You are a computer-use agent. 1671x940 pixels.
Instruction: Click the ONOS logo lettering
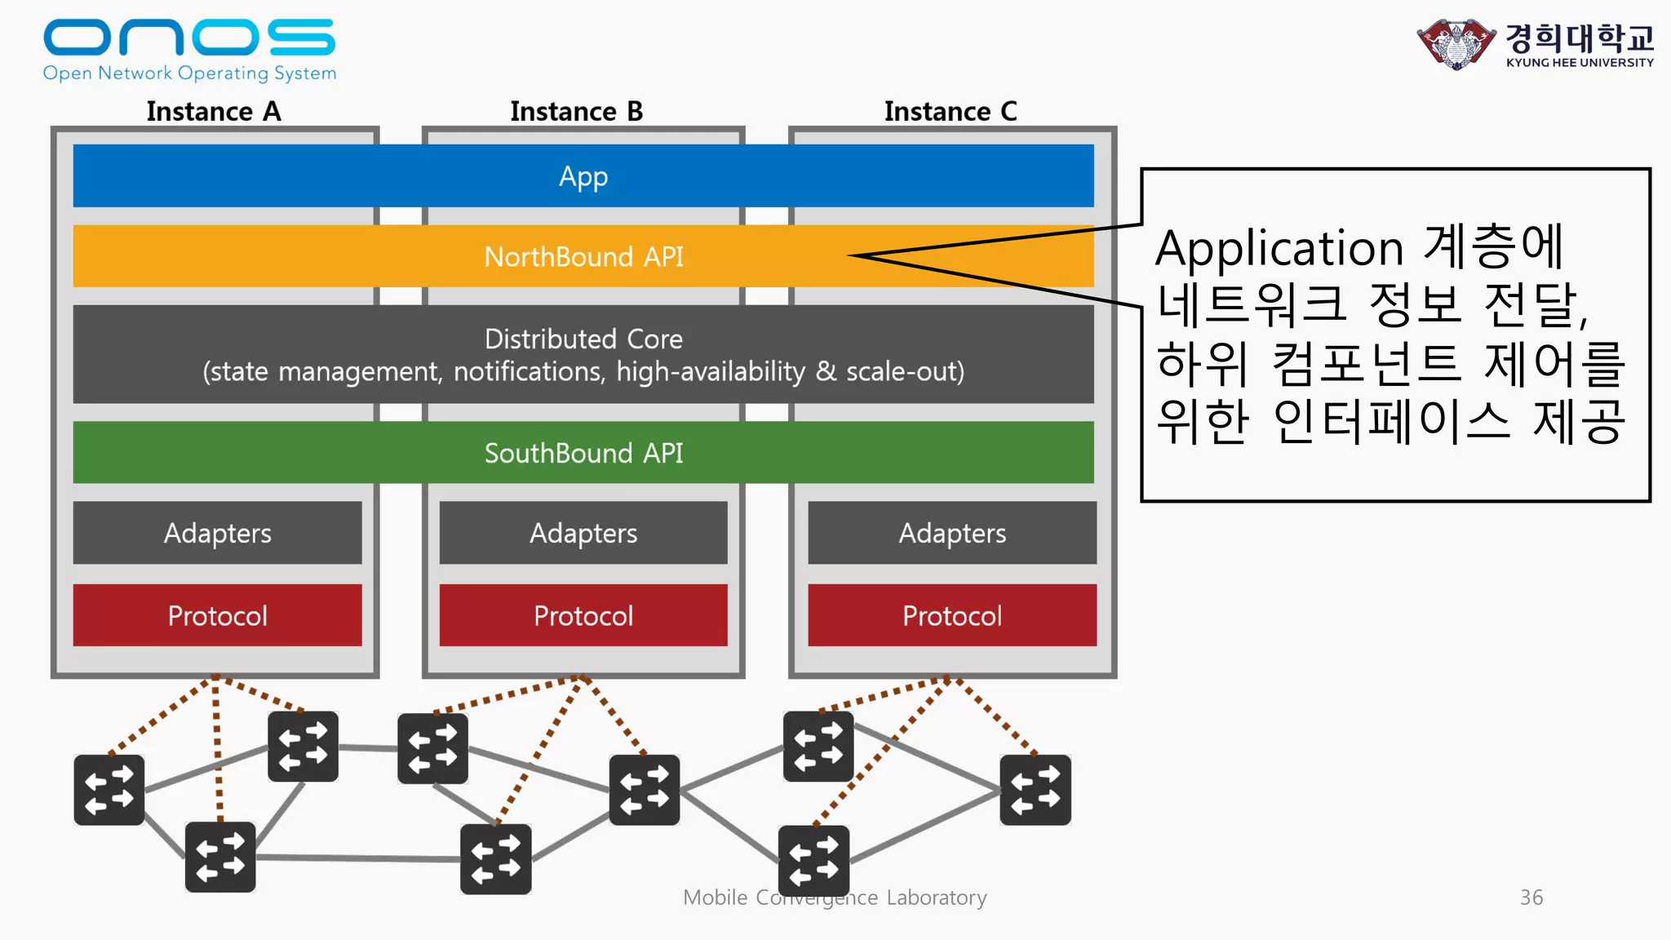(188, 38)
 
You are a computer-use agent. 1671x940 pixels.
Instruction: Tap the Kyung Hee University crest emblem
(1456, 44)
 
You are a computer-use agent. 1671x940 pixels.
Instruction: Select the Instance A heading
(214, 112)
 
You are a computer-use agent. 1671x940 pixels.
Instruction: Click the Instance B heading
(576, 112)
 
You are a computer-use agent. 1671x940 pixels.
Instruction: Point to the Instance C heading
(951, 112)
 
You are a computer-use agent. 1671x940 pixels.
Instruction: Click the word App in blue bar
(583, 176)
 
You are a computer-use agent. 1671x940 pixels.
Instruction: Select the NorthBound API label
(583, 257)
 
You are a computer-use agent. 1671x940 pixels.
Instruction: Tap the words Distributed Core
(583, 339)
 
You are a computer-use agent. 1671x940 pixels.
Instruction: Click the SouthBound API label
(583, 453)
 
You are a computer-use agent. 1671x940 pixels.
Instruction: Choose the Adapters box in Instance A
(217, 533)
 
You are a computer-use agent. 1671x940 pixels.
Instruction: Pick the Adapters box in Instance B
(583, 533)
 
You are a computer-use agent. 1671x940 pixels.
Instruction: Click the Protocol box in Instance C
(952, 615)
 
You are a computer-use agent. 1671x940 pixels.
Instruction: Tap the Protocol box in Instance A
(217, 615)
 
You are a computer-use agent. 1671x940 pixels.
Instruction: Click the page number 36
(1531, 898)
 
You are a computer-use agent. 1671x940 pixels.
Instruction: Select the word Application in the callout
(1279, 248)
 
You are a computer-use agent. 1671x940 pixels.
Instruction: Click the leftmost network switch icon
(109, 789)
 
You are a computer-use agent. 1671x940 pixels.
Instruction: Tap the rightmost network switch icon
(1035, 789)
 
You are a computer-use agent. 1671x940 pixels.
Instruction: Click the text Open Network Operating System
(189, 73)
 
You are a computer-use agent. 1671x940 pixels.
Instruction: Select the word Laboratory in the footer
(937, 898)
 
